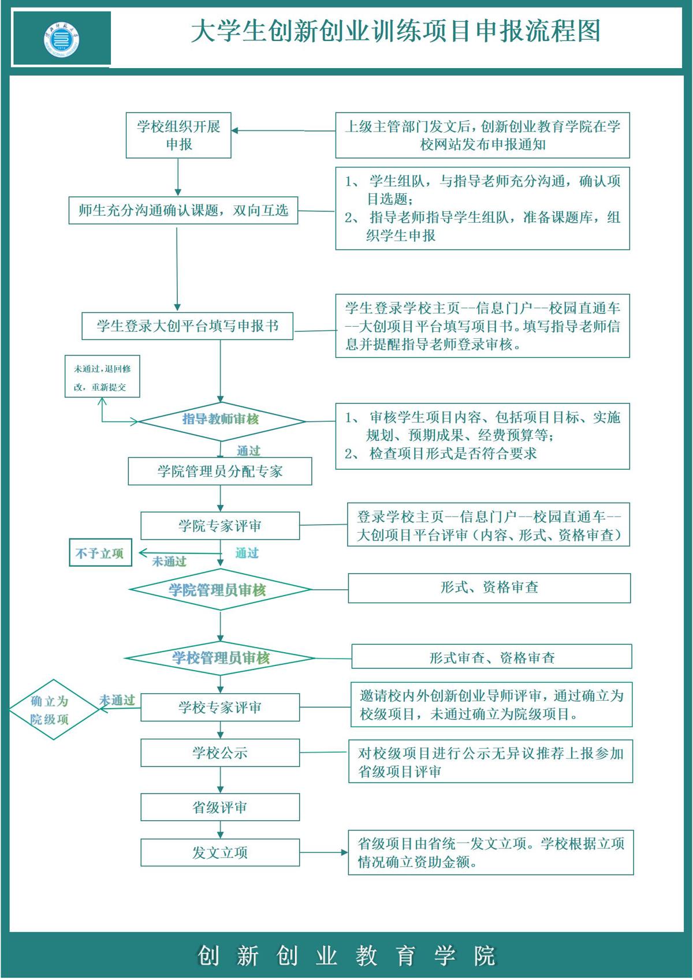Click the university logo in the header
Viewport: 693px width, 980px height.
[x=62, y=40]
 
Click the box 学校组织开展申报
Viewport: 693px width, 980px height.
[x=178, y=136]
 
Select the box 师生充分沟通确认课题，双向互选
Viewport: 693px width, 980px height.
[x=183, y=211]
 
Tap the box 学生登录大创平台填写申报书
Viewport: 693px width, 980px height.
[x=187, y=326]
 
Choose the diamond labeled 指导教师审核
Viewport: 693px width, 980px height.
[x=221, y=420]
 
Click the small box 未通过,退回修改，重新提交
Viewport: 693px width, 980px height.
[x=102, y=377]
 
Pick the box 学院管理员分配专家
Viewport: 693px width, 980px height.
[x=220, y=472]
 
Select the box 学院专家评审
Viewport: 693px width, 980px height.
[x=220, y=526]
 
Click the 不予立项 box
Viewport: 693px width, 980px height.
[x=100, y=553]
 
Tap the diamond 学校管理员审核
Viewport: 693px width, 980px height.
[x=221, y=657]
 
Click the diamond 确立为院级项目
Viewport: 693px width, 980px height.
[x=51, y=709]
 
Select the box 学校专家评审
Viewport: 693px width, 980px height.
[x=220, y=707]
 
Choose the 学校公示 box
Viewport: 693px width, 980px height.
[x=220, y=753]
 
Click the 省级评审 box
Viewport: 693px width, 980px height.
[x=220, y=807]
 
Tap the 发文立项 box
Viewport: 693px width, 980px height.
[x=220, y=852]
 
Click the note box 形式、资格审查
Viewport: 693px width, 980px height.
[x=489, y=588]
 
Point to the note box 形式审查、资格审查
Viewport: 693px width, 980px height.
[x=491, y=657]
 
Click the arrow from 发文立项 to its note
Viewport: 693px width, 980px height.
[x=323, y=852]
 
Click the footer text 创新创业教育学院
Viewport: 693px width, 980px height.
[x=346, y=955]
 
